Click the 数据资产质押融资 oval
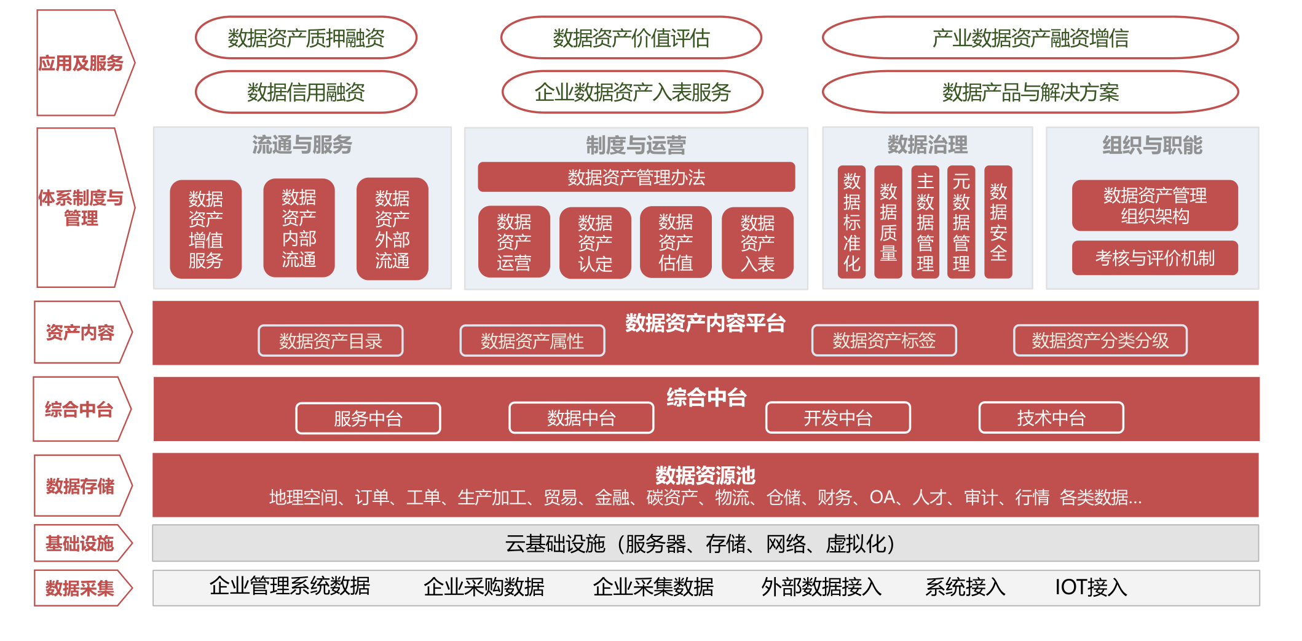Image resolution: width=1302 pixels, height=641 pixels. click(306, 38)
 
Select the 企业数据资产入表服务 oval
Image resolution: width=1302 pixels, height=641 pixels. click(632, 92)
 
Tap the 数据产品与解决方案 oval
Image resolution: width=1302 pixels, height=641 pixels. click(1030, 92)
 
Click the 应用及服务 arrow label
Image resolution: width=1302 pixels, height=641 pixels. click(81, 63)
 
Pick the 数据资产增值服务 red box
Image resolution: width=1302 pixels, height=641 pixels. click(205, 229)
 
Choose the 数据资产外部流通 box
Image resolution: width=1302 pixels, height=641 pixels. click(392, 229)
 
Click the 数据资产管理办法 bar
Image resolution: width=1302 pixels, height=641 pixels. click(636, 177)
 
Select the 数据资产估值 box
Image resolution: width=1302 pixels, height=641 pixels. click(676, 242)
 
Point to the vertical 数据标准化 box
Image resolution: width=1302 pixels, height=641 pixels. click(851, 222)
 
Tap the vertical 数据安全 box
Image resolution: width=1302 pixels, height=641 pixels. click(998, 222)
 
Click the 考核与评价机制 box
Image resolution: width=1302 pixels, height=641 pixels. click(1154, 258)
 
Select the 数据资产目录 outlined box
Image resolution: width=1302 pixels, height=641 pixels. click(331, 341)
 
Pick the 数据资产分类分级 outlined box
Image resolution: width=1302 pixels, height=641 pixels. click(1100, 341)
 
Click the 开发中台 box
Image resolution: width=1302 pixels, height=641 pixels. click(838, 418)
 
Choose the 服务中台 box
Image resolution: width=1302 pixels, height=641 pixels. click(368, 419)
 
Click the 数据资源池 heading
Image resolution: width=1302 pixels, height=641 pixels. click(705, 475)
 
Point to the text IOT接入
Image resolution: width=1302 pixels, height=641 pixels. click(1091, 587)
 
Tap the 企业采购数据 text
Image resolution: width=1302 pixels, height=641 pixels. click(484, 587)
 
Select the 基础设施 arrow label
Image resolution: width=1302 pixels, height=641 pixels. click(80, 544)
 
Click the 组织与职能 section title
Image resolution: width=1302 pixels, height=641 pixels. click(1152, 146)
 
